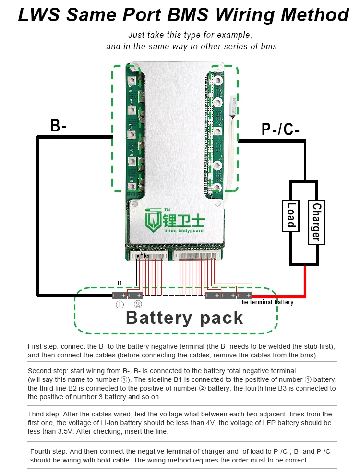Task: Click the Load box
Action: coord(291,215)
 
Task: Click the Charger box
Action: coord(315,222)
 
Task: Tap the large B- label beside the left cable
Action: coord(58,126)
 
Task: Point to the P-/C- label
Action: coord(280,129)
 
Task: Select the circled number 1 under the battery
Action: coord(120,304)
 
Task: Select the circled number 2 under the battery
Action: coord(138,304)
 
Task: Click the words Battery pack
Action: coord(184,318)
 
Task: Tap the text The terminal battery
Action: coord(265,302)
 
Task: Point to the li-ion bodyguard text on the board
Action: coord(184,231)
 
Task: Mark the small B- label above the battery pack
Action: coord(121,283)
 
